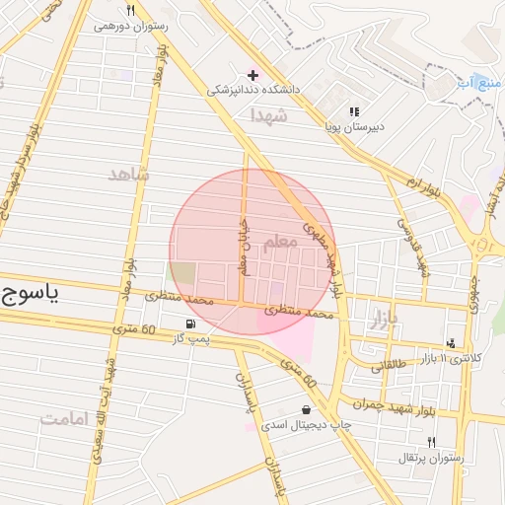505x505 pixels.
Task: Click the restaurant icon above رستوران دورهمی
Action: coord(129,10)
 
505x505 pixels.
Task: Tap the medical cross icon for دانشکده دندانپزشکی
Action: coord(252,75)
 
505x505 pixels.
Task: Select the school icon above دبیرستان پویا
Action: coord(354,111)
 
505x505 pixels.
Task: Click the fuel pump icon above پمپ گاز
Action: coord(188,324)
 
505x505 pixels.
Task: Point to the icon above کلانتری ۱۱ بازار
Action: coord(451,343)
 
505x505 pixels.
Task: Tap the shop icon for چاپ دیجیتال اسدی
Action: coord(306,409)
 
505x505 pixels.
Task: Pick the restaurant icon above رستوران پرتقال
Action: coord(431,442)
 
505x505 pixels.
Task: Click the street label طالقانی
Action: coord(388,365)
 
